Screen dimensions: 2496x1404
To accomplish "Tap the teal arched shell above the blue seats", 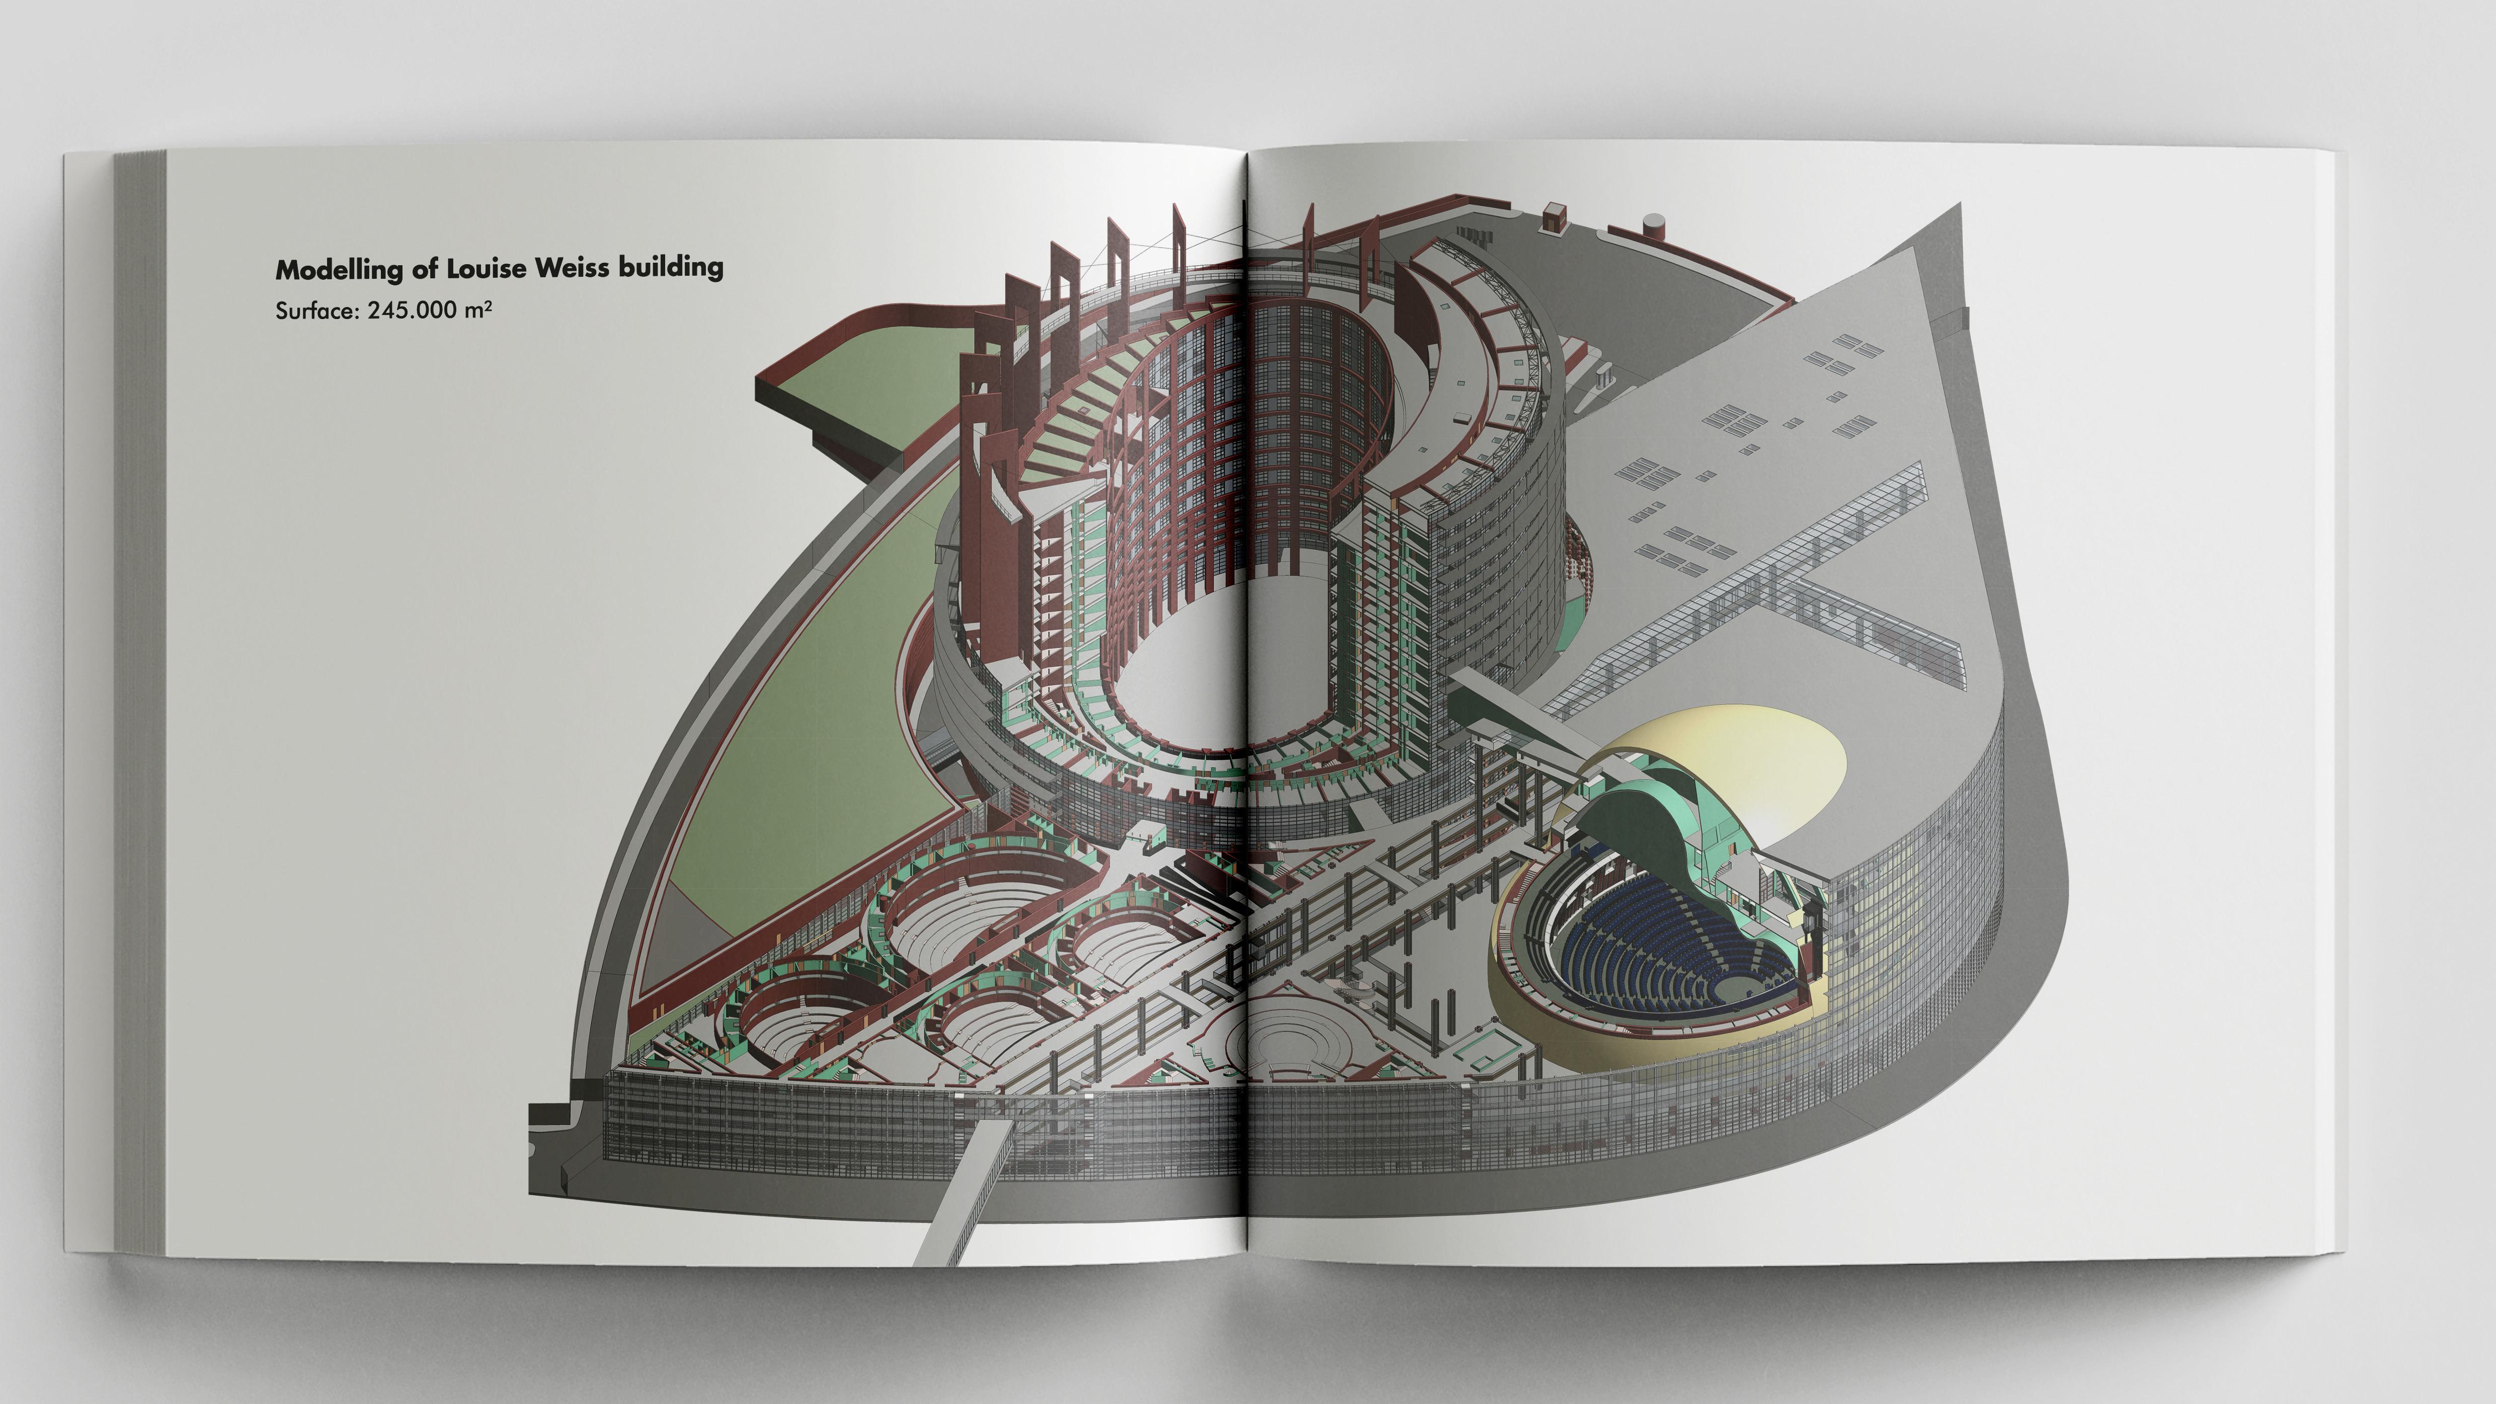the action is tap(1628, 824).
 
